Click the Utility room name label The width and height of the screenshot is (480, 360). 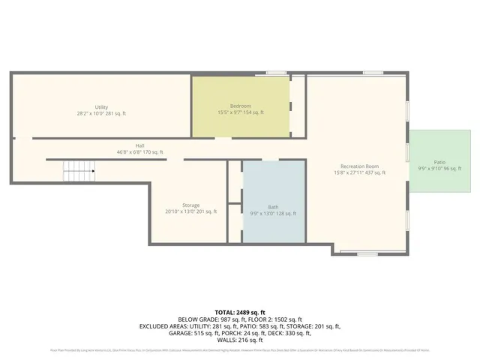pos(101,107)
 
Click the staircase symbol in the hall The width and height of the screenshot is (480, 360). pos(79,172)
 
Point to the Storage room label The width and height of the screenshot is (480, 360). pos(190,205)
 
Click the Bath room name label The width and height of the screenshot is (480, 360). pos(273,207)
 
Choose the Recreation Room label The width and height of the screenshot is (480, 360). pos(359,166)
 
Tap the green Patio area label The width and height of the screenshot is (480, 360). pos(439,162)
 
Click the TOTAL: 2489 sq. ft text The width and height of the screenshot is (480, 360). pos(240,311)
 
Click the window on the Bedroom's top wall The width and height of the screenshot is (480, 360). pos(277,73)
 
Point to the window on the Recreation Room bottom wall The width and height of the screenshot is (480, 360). pos(367,254)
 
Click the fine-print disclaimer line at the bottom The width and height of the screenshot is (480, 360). pos(240,349)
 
